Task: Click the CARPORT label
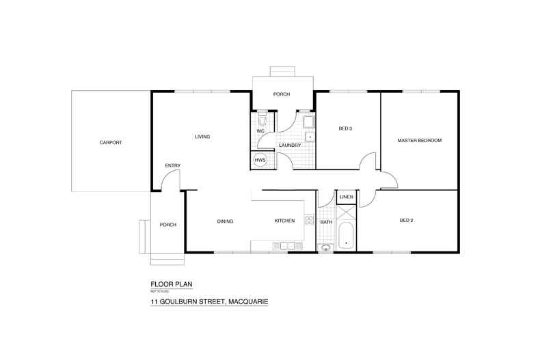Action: click(110, 142)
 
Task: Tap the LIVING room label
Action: click(202, 137)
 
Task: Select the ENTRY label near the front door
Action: click(172, 165)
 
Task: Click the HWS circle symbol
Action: click(260, 161)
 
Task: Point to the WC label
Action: click(260, 131)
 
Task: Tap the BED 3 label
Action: click(346, 128)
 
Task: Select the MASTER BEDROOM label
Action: click(420, 141)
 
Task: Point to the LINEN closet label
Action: click(345, 198)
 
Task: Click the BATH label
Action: click(326, 221)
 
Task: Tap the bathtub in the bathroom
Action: click(345, 236)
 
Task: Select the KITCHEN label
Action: click(284, 221)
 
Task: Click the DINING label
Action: click(226, 221)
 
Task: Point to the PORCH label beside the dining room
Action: click(168, 225)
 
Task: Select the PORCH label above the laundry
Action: click(282, 94)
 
